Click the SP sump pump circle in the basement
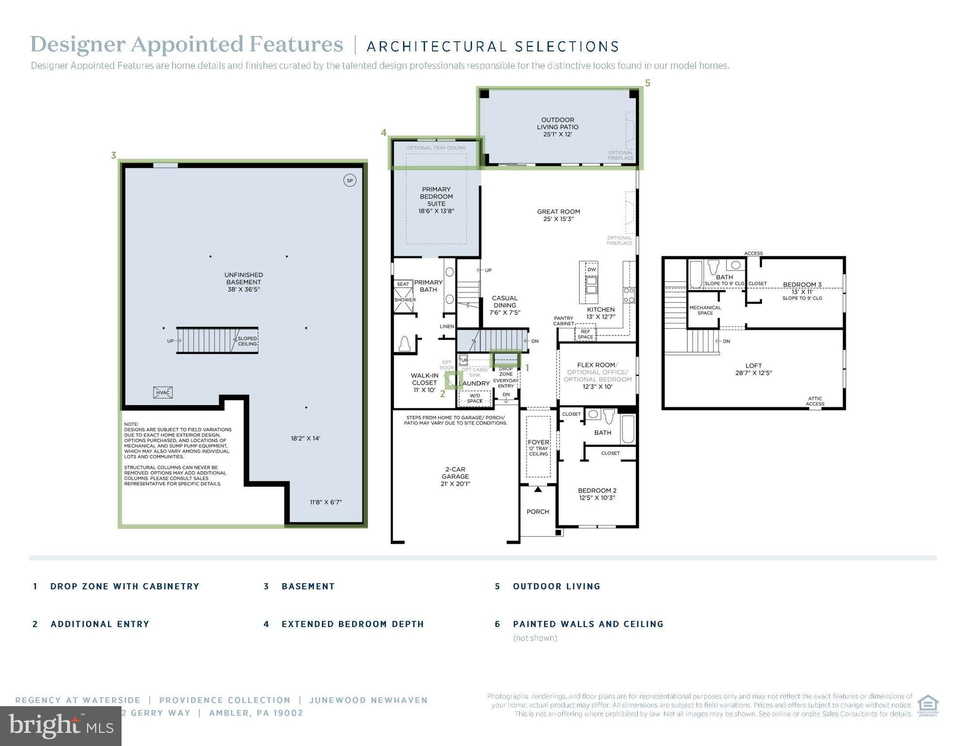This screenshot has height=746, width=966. pyautogui.click(x=349, y=181)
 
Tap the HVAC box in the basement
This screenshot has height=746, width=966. pyautogui.click(x=163, y=392)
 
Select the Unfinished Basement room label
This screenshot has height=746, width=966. pyautogui.click(x=244, y=282)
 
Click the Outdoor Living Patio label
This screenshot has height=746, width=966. pyautogui.click(x=558, y=127)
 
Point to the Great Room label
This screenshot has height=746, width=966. pyautogui.click(x=558, y=215)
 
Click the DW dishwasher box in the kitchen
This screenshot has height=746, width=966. pyautogui.click(x=591, y=270)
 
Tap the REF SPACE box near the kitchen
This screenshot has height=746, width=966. pyautogui.click(x=585, y=334)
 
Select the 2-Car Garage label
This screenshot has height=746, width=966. pyautogui.click(x=455, y=476)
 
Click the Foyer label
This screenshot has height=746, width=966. pyautogui.click(x=538, y=442)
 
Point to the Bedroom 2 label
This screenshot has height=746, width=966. pyautogui.click(x=597, y=494)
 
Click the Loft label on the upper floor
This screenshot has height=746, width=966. pyautogui.click(x=754, y=369)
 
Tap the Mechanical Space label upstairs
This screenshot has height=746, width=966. pyautogui.click(x=705, y=310)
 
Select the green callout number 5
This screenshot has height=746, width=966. pyautogui.click(x=648, y=83)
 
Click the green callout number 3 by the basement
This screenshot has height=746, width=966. pyautogui.click(x=113, y=155)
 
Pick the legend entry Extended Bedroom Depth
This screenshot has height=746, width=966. pyautogui.click(x=352, y=624)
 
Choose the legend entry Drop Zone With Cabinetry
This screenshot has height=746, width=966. pyautogui.click(x=124, y=586)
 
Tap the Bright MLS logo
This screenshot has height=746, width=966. pyautogui.click(x=60, y=726)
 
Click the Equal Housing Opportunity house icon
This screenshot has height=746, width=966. pyautogui.click(x=928, y=705)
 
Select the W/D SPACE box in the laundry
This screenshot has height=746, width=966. pyautogui.click(x=474, y=398)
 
